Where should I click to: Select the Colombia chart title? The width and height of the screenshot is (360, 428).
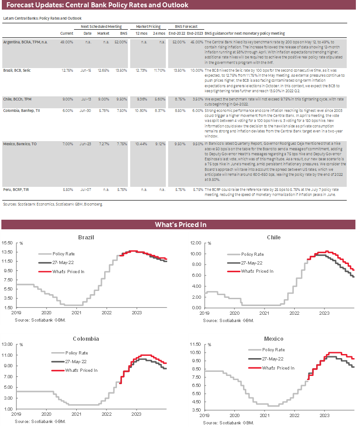[x=86, y=338]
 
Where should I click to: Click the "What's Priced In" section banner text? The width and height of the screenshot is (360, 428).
[x=180, y=224]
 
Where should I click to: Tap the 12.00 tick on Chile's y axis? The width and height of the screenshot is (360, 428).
[x=196, y=243]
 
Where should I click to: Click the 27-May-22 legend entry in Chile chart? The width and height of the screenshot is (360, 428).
[x=252, y=263]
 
